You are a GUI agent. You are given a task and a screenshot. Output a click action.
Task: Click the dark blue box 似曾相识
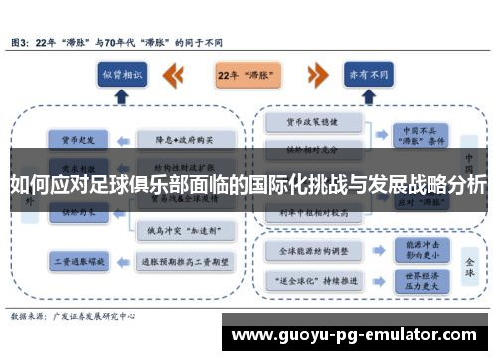[x=122, y=75]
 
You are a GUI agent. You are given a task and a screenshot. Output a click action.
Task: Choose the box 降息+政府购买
[x=186, y=139]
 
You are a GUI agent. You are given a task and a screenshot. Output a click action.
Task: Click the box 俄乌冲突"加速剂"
[x=186, y=230]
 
